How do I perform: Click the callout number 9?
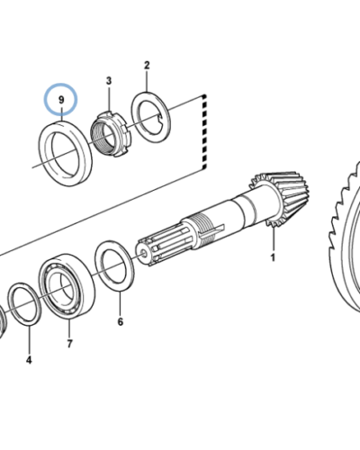tap(61, 100)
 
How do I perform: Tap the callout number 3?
tap(109, 80)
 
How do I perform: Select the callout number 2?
tap(147, 65)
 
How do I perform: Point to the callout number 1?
tap(273, 257)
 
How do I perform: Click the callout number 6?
tap(120, 322)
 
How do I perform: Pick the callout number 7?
tap(69, 344)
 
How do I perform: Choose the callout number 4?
tap(29, 360)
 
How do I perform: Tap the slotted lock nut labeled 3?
tap(112, 134)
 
